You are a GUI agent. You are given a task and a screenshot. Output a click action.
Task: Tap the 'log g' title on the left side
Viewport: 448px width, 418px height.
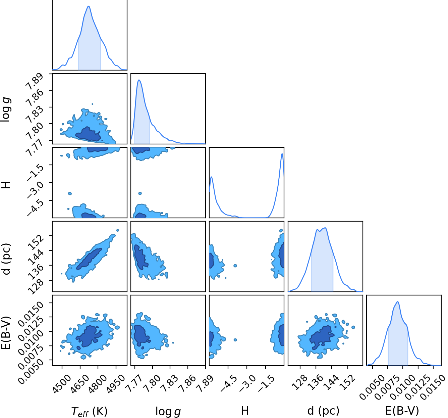(6, 110)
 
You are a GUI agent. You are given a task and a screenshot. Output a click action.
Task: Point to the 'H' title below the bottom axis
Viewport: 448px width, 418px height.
(245, 411)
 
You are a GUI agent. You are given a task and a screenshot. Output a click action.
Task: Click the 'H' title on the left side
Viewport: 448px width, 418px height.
(6, 184)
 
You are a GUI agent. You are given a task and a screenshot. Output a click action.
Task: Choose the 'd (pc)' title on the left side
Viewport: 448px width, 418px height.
(6, 259)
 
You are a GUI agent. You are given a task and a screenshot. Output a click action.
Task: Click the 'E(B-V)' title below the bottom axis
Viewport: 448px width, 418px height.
(402, 411)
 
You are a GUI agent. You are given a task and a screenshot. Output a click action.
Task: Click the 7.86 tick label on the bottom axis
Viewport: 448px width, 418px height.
(186, 382)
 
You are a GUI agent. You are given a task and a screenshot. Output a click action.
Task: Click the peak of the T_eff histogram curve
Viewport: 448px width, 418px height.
(89, 6)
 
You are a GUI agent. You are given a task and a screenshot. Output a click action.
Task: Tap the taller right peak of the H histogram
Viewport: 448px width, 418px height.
(282, 154)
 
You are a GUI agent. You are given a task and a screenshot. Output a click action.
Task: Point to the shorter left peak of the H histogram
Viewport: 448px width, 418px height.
(212, 177)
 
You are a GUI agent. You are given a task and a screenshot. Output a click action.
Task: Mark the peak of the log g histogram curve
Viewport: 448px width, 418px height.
(139, 80)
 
